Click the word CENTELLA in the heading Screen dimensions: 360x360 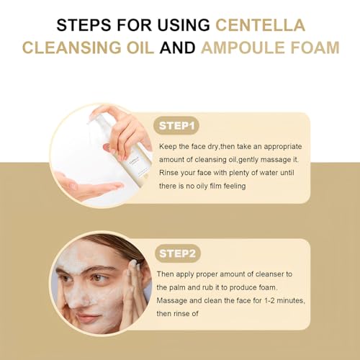[261, 25]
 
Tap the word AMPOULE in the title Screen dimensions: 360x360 [243, 48]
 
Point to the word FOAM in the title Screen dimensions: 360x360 [315, 48]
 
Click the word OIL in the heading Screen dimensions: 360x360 [140, 48]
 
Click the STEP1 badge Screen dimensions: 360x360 [176, 126]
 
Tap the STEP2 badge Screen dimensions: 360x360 [178, 253]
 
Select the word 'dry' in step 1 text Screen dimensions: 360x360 [212, 147]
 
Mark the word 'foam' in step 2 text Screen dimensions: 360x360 [268, 287]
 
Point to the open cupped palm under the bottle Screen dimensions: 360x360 [88, 187]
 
